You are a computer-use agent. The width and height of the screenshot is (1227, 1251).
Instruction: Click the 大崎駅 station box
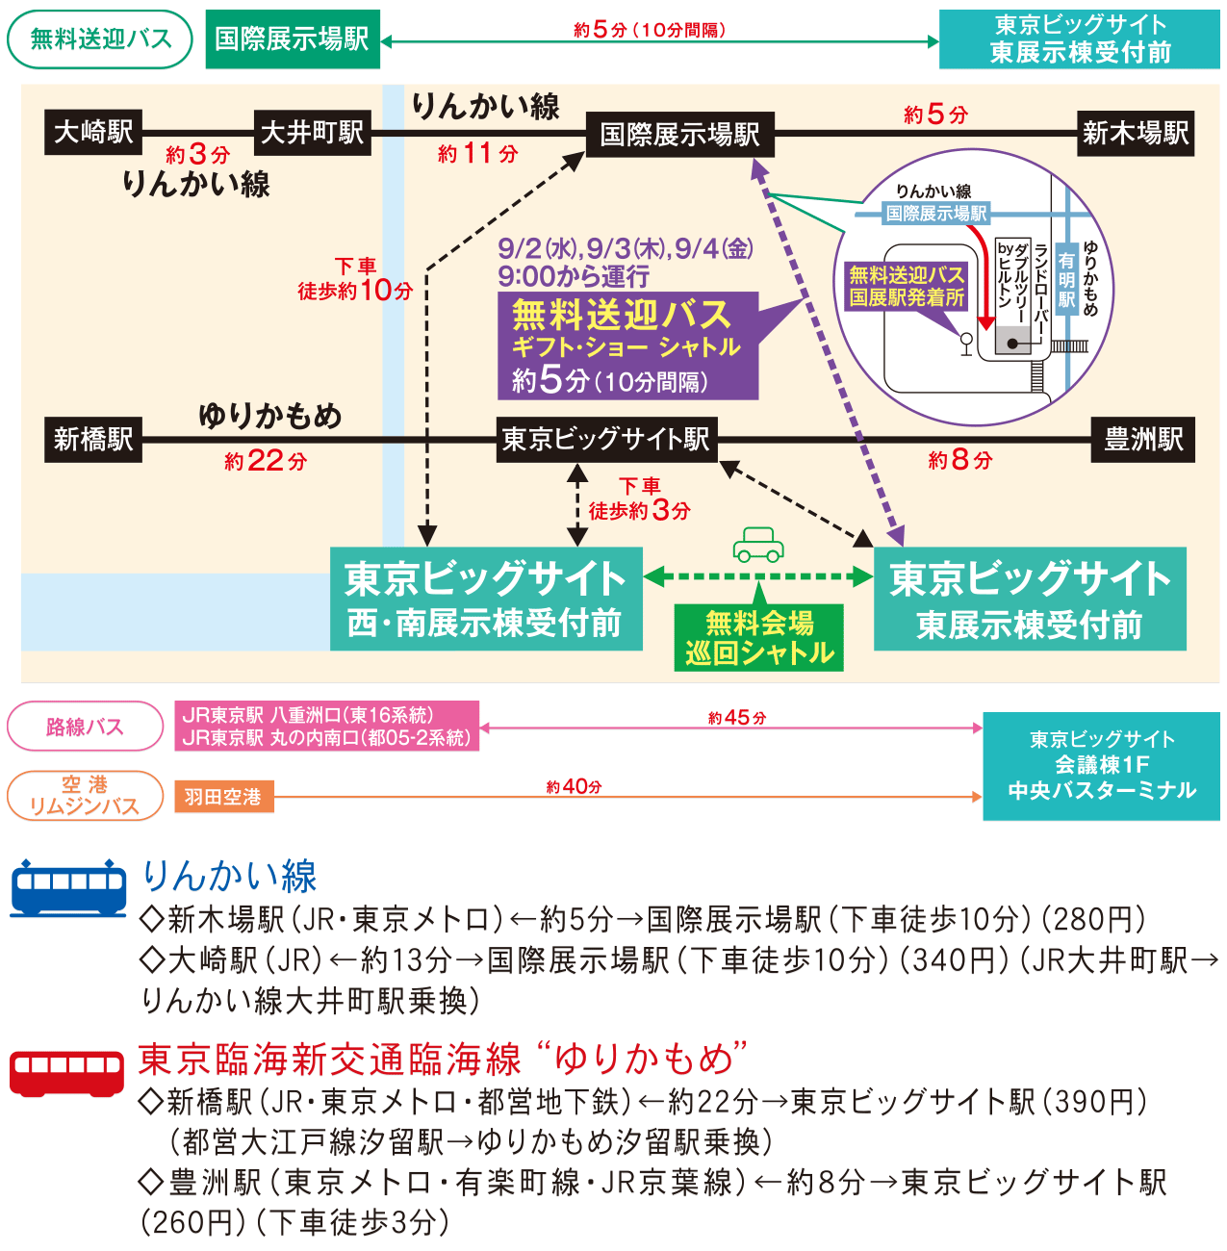(x=93, y=132)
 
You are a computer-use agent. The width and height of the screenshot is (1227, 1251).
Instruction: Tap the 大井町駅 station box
(x=312, y=132)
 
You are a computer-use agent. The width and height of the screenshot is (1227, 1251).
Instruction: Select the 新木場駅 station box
(x=1136, y=133)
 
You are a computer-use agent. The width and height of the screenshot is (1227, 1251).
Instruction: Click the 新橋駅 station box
(x=93, y=440)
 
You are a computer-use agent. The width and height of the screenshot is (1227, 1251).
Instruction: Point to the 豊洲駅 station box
(x=1143, y=440)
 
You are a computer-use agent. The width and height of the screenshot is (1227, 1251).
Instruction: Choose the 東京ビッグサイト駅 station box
(x=606, y=440)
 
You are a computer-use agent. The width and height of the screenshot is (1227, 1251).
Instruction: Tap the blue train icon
(x=67, y=886)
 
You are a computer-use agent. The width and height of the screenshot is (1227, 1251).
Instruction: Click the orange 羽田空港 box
(x=223, y=797)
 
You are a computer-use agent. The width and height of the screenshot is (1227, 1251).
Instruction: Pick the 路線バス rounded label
(x=85, y=727)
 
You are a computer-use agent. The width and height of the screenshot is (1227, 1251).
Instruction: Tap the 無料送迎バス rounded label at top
(x=100, y=39)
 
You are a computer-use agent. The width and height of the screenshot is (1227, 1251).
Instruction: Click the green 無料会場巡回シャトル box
(x=759, y=638)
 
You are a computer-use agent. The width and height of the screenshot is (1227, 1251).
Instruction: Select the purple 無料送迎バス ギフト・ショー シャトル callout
(x=627, y=346)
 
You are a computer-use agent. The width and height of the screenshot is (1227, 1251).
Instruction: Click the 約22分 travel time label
(x=266, y=461)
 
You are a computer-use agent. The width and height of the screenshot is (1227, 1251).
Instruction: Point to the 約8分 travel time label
(x=959, y=460)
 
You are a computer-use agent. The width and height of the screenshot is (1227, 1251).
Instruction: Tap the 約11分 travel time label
(x=477, y=153)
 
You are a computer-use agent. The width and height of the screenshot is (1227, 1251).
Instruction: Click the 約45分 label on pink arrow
(x=736, y=718)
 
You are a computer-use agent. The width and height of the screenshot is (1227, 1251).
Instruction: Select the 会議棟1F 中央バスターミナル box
(x=1101, y=766)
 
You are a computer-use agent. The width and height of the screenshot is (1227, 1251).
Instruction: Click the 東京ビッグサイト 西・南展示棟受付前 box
(x=486, y=599)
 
